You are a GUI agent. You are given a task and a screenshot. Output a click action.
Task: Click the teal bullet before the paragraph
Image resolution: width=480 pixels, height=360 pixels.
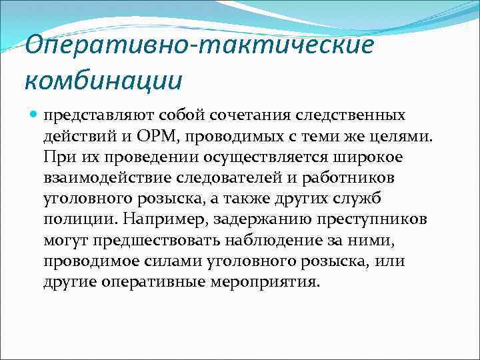(x=33, y=115)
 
